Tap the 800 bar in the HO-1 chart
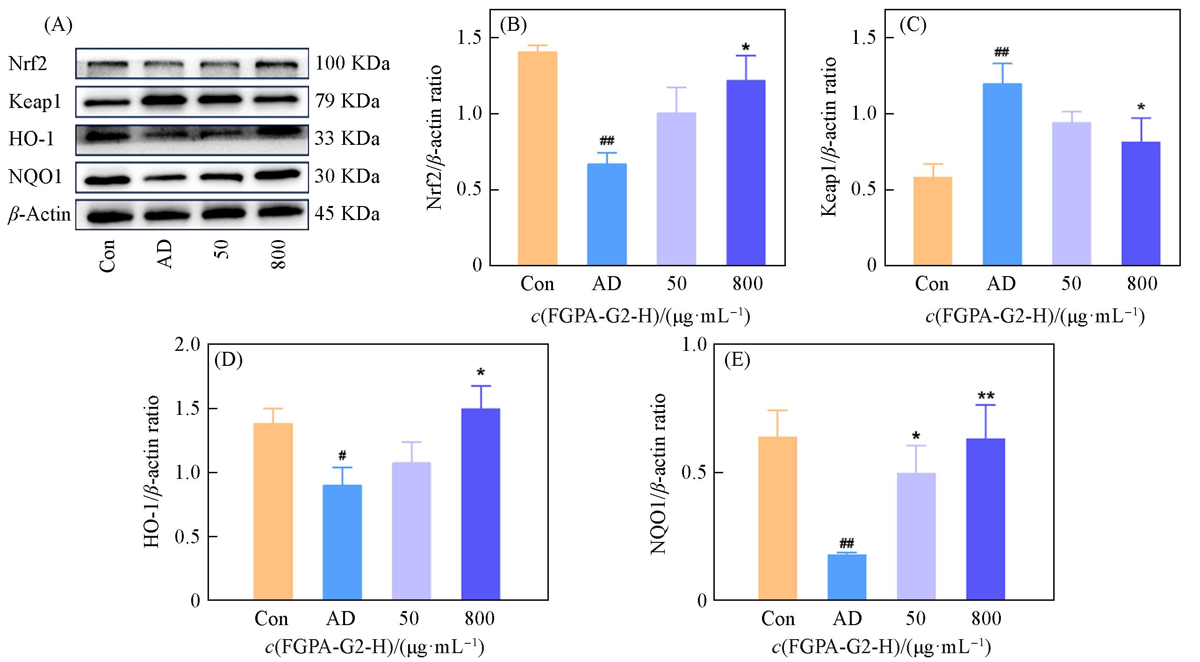(x=481, y=504)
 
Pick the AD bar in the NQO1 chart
(x=847, y=577)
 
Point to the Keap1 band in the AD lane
(x=165, y=100)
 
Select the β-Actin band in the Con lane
(x=108, y=216)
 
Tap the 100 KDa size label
(x=352, y=64)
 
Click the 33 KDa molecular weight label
(x=347, y=139)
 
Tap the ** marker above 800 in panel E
(x=986, y=396)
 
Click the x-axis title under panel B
(x=640, y=317)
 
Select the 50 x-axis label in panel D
(x=409, y=619)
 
